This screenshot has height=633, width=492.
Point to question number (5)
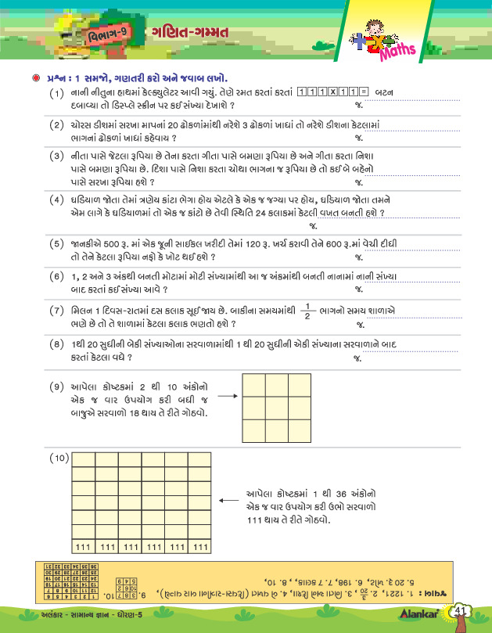point(56,244)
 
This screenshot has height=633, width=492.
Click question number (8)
point(56,343)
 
